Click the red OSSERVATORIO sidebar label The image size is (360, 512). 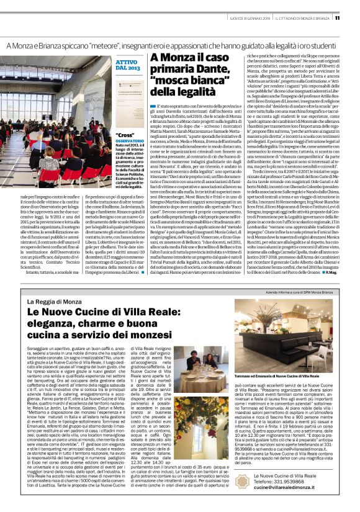130,141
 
